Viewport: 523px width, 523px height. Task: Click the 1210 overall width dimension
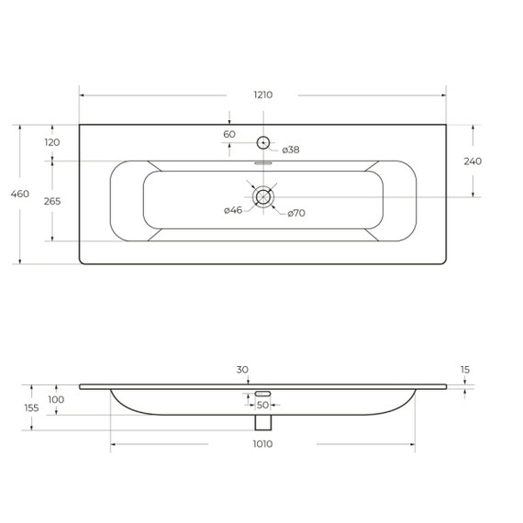pyautogui.click(x=263, y=95)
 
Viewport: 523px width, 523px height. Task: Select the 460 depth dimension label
pyautogui.click(x=19, y=194)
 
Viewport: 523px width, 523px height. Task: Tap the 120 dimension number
pyautogui.click(x=52, y=142)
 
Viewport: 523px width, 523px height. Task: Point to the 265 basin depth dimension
pyautogui.click(x=52, y=201)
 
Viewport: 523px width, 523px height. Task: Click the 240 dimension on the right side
pyautogui.click(x=473, y=161)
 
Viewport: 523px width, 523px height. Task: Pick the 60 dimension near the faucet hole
pyautogui.click(x=229, y=134)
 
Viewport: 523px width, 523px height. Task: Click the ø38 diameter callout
pyautogui.click(x=291, y=150)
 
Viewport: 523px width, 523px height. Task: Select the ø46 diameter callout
pyautogui.click(x=233, y=210)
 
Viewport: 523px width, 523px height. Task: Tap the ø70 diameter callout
pyautogui.click(x=296, y=213)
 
